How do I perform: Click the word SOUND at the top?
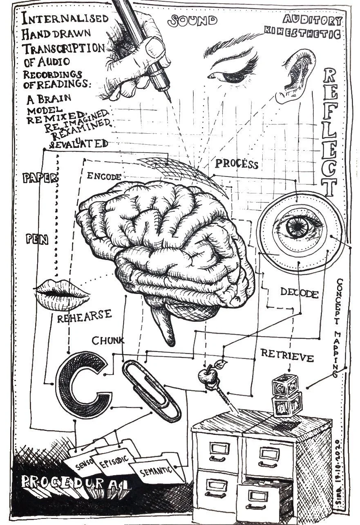[194, 20]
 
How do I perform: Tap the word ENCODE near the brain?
[104, 177]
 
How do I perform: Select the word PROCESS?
[237, 164]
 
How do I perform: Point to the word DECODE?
[299, 293]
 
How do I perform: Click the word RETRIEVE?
[287, 355]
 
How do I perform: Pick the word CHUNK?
[108, 340]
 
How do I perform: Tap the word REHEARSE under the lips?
[84, 317]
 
